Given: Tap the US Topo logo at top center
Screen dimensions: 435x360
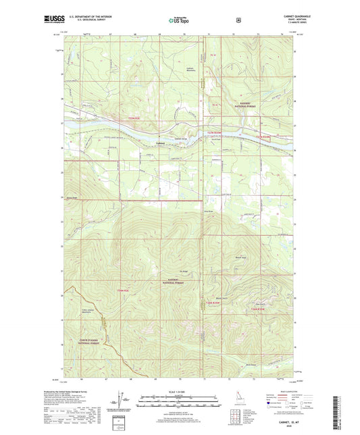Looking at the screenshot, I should pos(178,20).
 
